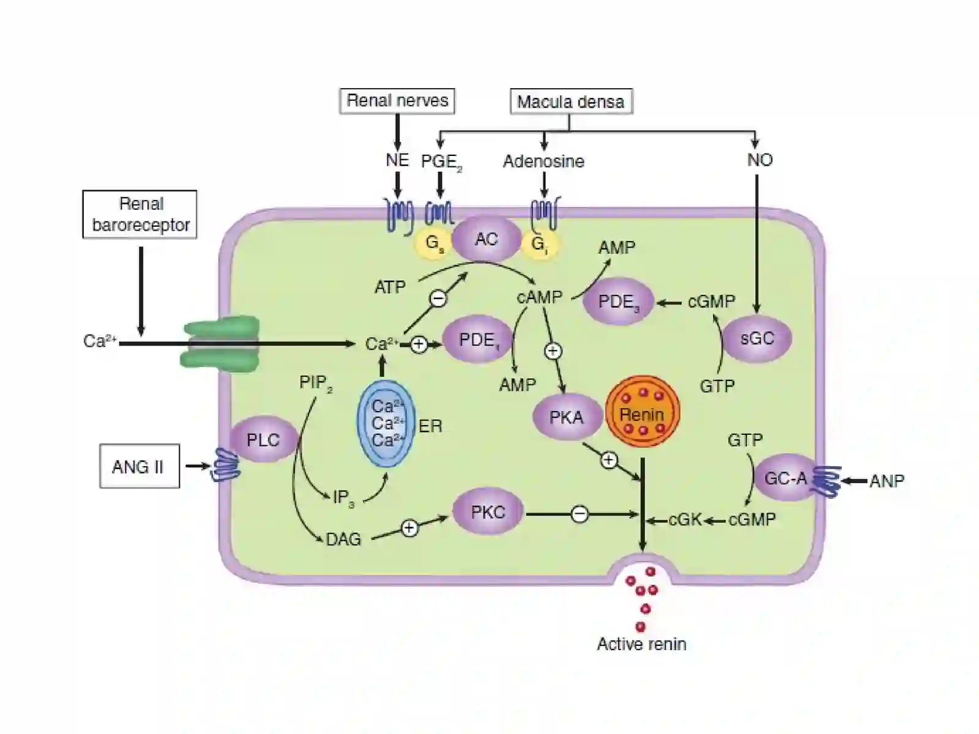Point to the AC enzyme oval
486,239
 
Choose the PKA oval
567,417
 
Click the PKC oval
488,511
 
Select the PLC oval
264,440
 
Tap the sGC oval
757,339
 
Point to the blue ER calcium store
386,423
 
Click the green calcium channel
220,344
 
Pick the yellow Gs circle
433,243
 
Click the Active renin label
641,645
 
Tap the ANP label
887,481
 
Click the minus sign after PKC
579,514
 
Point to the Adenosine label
544,161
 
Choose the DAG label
343,539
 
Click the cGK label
685,520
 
